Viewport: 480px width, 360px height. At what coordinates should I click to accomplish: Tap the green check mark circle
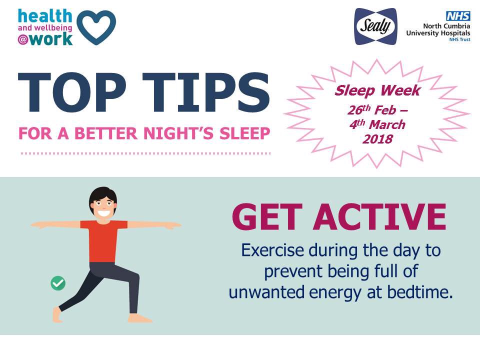pos(58,283)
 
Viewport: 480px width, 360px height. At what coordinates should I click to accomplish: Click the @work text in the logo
pos(45,39)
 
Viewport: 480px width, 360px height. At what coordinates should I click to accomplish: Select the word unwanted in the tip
pos(264,292)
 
